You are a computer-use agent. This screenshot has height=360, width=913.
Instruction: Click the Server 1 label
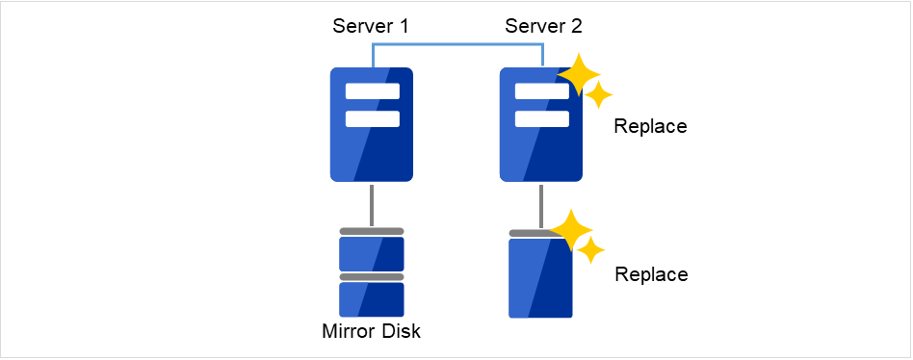[371, 26]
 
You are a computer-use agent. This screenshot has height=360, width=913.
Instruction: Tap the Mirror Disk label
[372, 333]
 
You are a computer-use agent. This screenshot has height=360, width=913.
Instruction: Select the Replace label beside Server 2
[650, 126]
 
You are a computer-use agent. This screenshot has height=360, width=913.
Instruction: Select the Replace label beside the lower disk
[651, 274]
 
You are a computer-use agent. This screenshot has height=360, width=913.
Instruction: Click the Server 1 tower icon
[372, 144]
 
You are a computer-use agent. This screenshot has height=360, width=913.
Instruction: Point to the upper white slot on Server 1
[372, 92]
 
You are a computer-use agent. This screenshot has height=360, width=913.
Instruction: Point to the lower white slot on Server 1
[372, 119]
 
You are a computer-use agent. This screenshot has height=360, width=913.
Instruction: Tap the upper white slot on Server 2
[539, 92]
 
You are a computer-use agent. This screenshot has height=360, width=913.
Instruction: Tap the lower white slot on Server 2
[541, 119]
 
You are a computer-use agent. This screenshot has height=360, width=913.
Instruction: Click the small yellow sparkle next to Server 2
[599, 94]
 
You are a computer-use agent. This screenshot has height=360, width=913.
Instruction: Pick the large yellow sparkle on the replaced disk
[571, 229]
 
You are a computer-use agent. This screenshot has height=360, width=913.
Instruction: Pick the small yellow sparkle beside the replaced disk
[591, 250]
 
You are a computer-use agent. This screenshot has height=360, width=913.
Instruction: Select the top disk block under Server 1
[372, 253]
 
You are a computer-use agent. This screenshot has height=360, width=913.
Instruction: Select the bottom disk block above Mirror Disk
[372, 299]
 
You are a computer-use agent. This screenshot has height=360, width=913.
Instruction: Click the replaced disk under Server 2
[540, 279]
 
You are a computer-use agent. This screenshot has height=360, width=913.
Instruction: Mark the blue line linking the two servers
[457, 44]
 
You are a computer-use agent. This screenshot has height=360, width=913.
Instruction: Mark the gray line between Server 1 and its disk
[372, 204]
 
